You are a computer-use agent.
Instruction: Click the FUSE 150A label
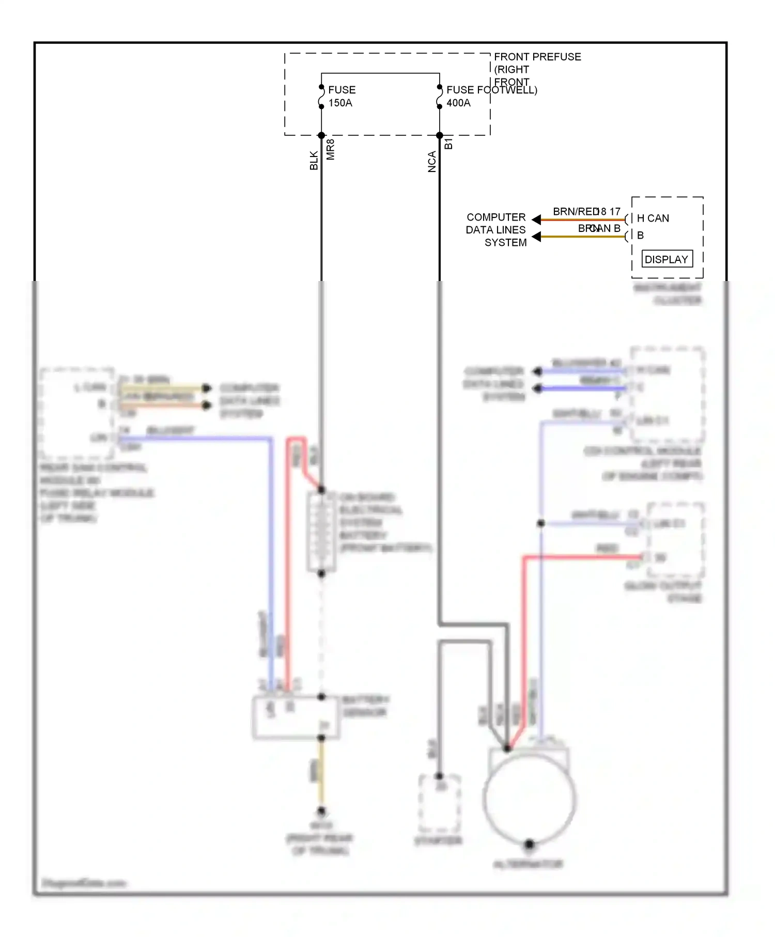[342, 96]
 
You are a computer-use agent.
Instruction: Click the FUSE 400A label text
[459, 96]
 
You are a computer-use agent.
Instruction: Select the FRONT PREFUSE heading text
[537, 57]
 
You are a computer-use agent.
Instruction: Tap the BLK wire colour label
[314, 160]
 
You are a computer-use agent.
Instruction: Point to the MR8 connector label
[331, 149]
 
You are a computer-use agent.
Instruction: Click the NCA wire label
[432, 162]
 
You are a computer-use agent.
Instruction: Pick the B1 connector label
[448, 144]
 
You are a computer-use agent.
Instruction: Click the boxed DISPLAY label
[667, 259]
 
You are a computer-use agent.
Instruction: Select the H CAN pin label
[653, 218]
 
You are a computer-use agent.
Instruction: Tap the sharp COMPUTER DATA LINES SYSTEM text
[496, 230]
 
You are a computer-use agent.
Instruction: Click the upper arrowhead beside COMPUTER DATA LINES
[537, 220]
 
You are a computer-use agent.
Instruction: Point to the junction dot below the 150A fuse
[321, 135]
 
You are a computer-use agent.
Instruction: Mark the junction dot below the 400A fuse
[440, 135]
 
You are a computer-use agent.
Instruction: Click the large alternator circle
[530, 798]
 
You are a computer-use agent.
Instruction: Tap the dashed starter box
[439, 803]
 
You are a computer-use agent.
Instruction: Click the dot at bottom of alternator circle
[529, 844]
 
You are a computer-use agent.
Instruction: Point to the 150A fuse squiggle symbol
[321, 97]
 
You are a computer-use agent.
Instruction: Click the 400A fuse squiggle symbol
[440, 97]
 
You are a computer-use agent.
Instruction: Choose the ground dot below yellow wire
[321, 810]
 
